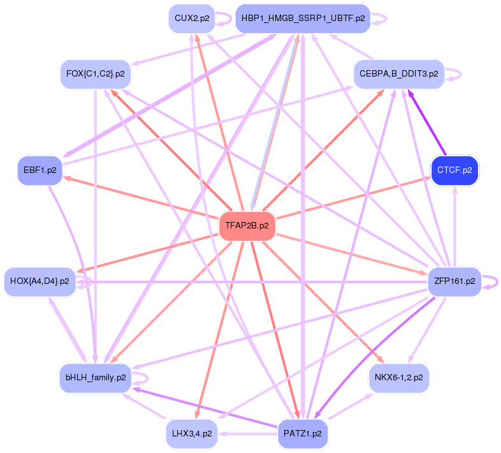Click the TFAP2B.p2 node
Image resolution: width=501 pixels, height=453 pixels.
[x=247, y=226]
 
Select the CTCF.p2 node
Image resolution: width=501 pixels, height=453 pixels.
[x=454, y=170]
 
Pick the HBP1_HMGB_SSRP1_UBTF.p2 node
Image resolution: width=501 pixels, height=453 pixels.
[x=303, y=19]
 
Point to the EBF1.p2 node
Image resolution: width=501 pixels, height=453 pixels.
[x=40, y=170]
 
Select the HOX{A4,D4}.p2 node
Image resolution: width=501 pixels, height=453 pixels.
[x=40, y=281]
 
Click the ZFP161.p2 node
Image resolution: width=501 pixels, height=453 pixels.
[x=454, y=281]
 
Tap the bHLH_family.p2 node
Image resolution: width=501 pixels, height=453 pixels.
[x=95, y=377]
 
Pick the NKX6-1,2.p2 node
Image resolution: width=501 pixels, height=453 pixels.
[x=398, y=377]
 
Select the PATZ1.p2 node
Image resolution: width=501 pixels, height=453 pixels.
[x=303, y=433]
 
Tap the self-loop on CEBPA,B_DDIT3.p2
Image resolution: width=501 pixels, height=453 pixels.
[x=455, y=74]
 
